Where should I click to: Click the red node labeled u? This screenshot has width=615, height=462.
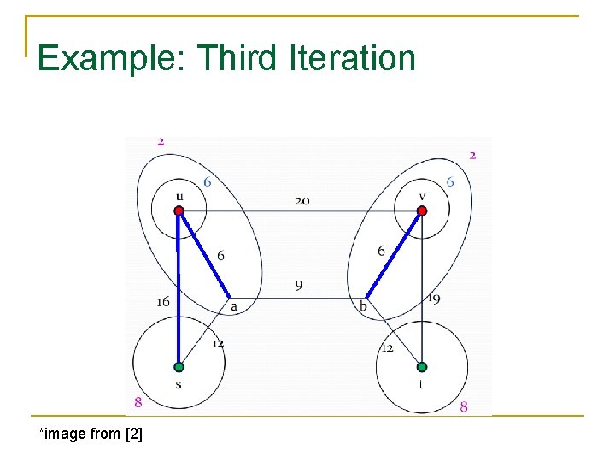[x=179, y=210]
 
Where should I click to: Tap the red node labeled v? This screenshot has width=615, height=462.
[x=421, y=210]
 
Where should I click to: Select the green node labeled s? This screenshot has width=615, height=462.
[x=179, y=367]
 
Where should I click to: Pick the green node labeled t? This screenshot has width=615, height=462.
[x=421, y=367]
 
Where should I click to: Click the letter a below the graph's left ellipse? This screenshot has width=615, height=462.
[x=233, y=305]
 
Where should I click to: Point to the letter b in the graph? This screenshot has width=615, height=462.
[x=363, y=305]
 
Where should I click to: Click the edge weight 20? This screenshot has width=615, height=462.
[x=302, y=201]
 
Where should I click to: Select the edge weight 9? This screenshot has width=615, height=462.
[x=298, y=285]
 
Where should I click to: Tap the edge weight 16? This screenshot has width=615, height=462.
[x=163, y=302]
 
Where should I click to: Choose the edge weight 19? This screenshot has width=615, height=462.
[x=433, y=299]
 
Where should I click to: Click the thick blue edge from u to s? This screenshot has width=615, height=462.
[x=179, y=291]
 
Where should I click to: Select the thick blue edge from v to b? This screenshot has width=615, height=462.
[x=394, y=254]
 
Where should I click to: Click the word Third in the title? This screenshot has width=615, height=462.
[x=236, y=58]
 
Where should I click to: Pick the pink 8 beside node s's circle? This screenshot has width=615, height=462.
[x=138, y=402]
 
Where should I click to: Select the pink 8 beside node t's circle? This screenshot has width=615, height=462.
[x=464, y=407]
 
